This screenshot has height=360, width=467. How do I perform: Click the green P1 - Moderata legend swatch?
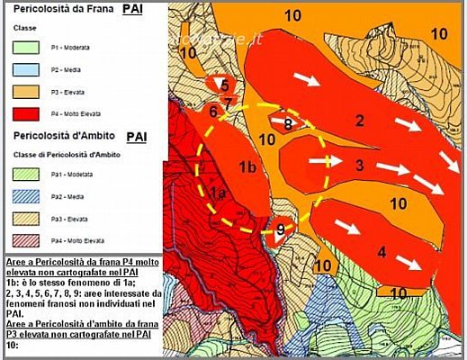[31, 44]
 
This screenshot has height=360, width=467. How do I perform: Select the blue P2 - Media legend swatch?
[31, 67]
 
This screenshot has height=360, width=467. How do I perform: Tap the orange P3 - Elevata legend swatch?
[31, 91]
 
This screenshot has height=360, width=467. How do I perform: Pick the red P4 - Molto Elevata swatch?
[31, 113]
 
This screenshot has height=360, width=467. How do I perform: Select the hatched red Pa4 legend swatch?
[31, 242]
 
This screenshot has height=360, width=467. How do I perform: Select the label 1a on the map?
[216, 193]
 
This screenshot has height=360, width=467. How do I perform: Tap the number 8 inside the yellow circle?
[288, 124]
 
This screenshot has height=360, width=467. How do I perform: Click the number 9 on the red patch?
[280, 229]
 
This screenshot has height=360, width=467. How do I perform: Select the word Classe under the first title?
[24, 27]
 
